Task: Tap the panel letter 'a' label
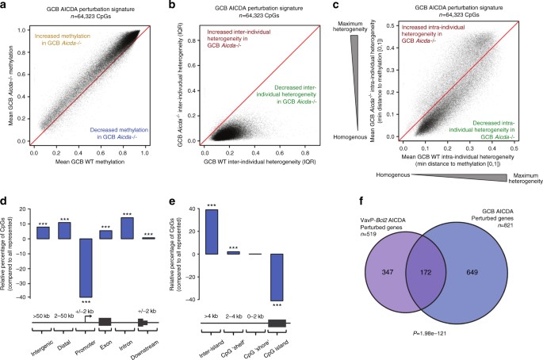click(6, 6)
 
